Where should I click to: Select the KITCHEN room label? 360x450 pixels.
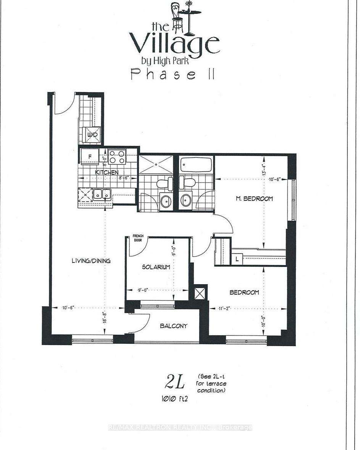coord(107,172)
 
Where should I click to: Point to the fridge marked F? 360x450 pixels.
coord(90,157)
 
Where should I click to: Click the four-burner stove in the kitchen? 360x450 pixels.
coord(117,156)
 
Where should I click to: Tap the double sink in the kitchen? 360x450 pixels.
coord(102,194)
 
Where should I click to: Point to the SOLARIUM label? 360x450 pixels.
coord(156,267)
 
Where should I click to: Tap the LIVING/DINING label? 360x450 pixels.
coord(91,261)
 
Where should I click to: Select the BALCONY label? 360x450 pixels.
coord(174,326)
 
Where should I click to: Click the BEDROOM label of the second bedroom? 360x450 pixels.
coord(244,293)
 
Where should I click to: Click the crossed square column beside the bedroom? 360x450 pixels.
coord(200,293)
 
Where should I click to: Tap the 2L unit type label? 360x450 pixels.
coord(175,381)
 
